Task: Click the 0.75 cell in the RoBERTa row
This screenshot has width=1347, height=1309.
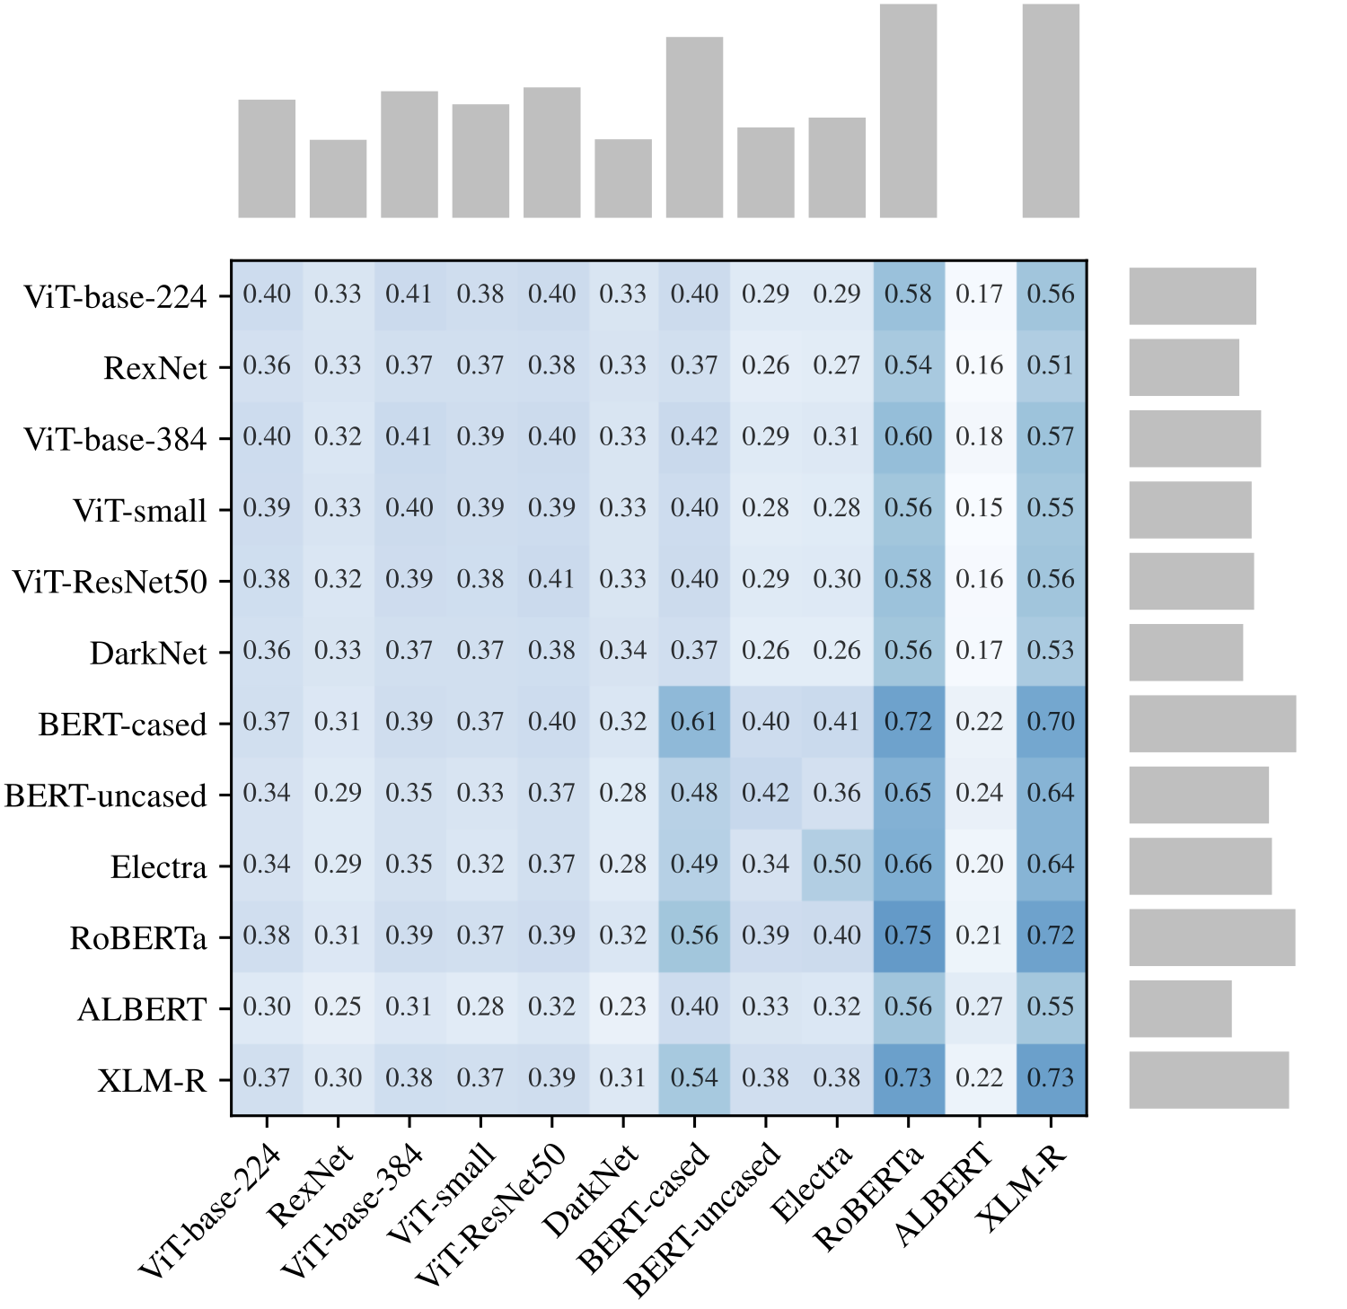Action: click(x=908, y=936)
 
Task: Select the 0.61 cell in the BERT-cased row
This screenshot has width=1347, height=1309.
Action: click(x=694, y=722)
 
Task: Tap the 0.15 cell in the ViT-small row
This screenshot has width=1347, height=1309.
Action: click(x=979, y=508)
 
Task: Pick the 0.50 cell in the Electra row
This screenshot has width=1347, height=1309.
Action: click(x=837, y=865)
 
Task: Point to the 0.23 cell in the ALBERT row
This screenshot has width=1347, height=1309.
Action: click(x=622, y=1006)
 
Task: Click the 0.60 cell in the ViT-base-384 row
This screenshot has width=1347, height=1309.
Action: click(x=908, y=437)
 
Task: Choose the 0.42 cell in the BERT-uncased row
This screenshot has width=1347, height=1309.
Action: click(x=765, y=793)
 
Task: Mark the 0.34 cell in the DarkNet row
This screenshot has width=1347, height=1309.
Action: click(x=622, y=651)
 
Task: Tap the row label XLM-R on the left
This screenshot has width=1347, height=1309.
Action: click(x=152, y=1080)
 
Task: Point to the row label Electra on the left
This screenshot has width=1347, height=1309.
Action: click(x=158, y=867)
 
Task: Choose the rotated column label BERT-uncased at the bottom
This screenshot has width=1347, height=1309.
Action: click(x=703, y=1220)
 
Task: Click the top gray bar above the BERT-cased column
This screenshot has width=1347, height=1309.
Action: click(x=694, y=127)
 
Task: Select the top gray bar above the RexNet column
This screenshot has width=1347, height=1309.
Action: click(x=338, y=179)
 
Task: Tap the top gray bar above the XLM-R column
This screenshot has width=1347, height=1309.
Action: click(x=1051, y=110)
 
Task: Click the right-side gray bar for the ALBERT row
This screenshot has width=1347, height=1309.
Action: click(x=1180, y=1008)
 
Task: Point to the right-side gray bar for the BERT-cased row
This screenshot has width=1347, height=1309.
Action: click(x=1212, y=724)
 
